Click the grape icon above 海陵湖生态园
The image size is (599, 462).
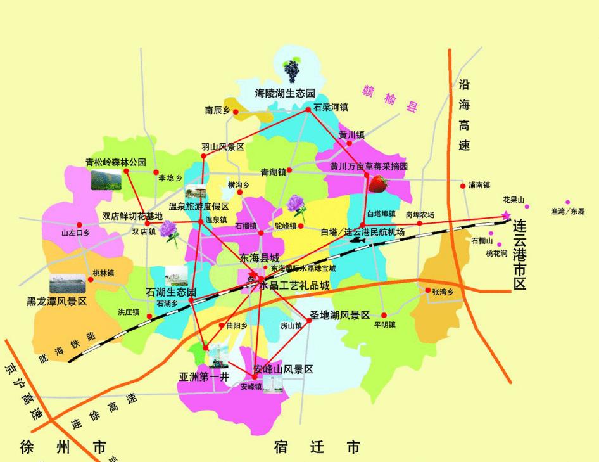[292, 68]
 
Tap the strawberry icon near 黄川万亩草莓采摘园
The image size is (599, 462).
[378, 184]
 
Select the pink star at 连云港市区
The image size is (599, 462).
[505, 215]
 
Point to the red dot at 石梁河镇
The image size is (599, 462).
[308, 110]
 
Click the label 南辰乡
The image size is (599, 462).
[217, 110]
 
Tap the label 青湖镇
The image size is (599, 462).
[274, 171]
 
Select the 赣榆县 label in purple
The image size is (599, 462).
[391, 98]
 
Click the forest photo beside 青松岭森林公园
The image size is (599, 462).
[105, 180]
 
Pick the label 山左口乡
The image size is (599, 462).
[75, 233]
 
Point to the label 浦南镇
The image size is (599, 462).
[479, 185]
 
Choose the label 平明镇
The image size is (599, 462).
[384, 325]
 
